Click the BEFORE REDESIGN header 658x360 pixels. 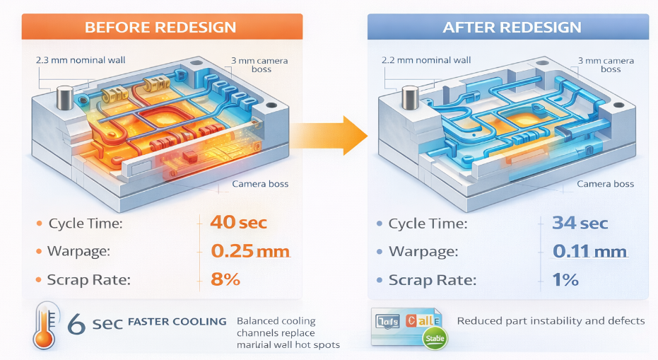pyautogui.click(x=160, y=28)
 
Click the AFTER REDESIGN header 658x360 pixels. pyautogui.click(x=512, y=28)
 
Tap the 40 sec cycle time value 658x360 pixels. pyautogui.click(x=238, y=223)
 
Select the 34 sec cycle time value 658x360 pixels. pyautogui.click(x=579, y=223)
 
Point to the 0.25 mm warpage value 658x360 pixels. pyautogui.click(x=250, y=251)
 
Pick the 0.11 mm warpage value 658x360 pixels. pyautogui.click(x=590, y=251)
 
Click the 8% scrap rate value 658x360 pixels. pyautogui.click(x=225, y=279)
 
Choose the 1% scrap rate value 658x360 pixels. pyautogui.click(x=565, y=279)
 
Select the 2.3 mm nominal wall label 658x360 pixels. pyautogui.click(x=81, y=60)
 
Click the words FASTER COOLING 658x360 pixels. pyautogui.click(x=177, y=322)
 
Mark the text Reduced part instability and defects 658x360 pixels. pyautogui.click(x=551, y=321)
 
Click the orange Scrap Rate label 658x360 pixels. pyautogui.click(x=88, y=280)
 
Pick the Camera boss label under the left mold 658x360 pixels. pyautogui.click(x=261, y=185)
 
